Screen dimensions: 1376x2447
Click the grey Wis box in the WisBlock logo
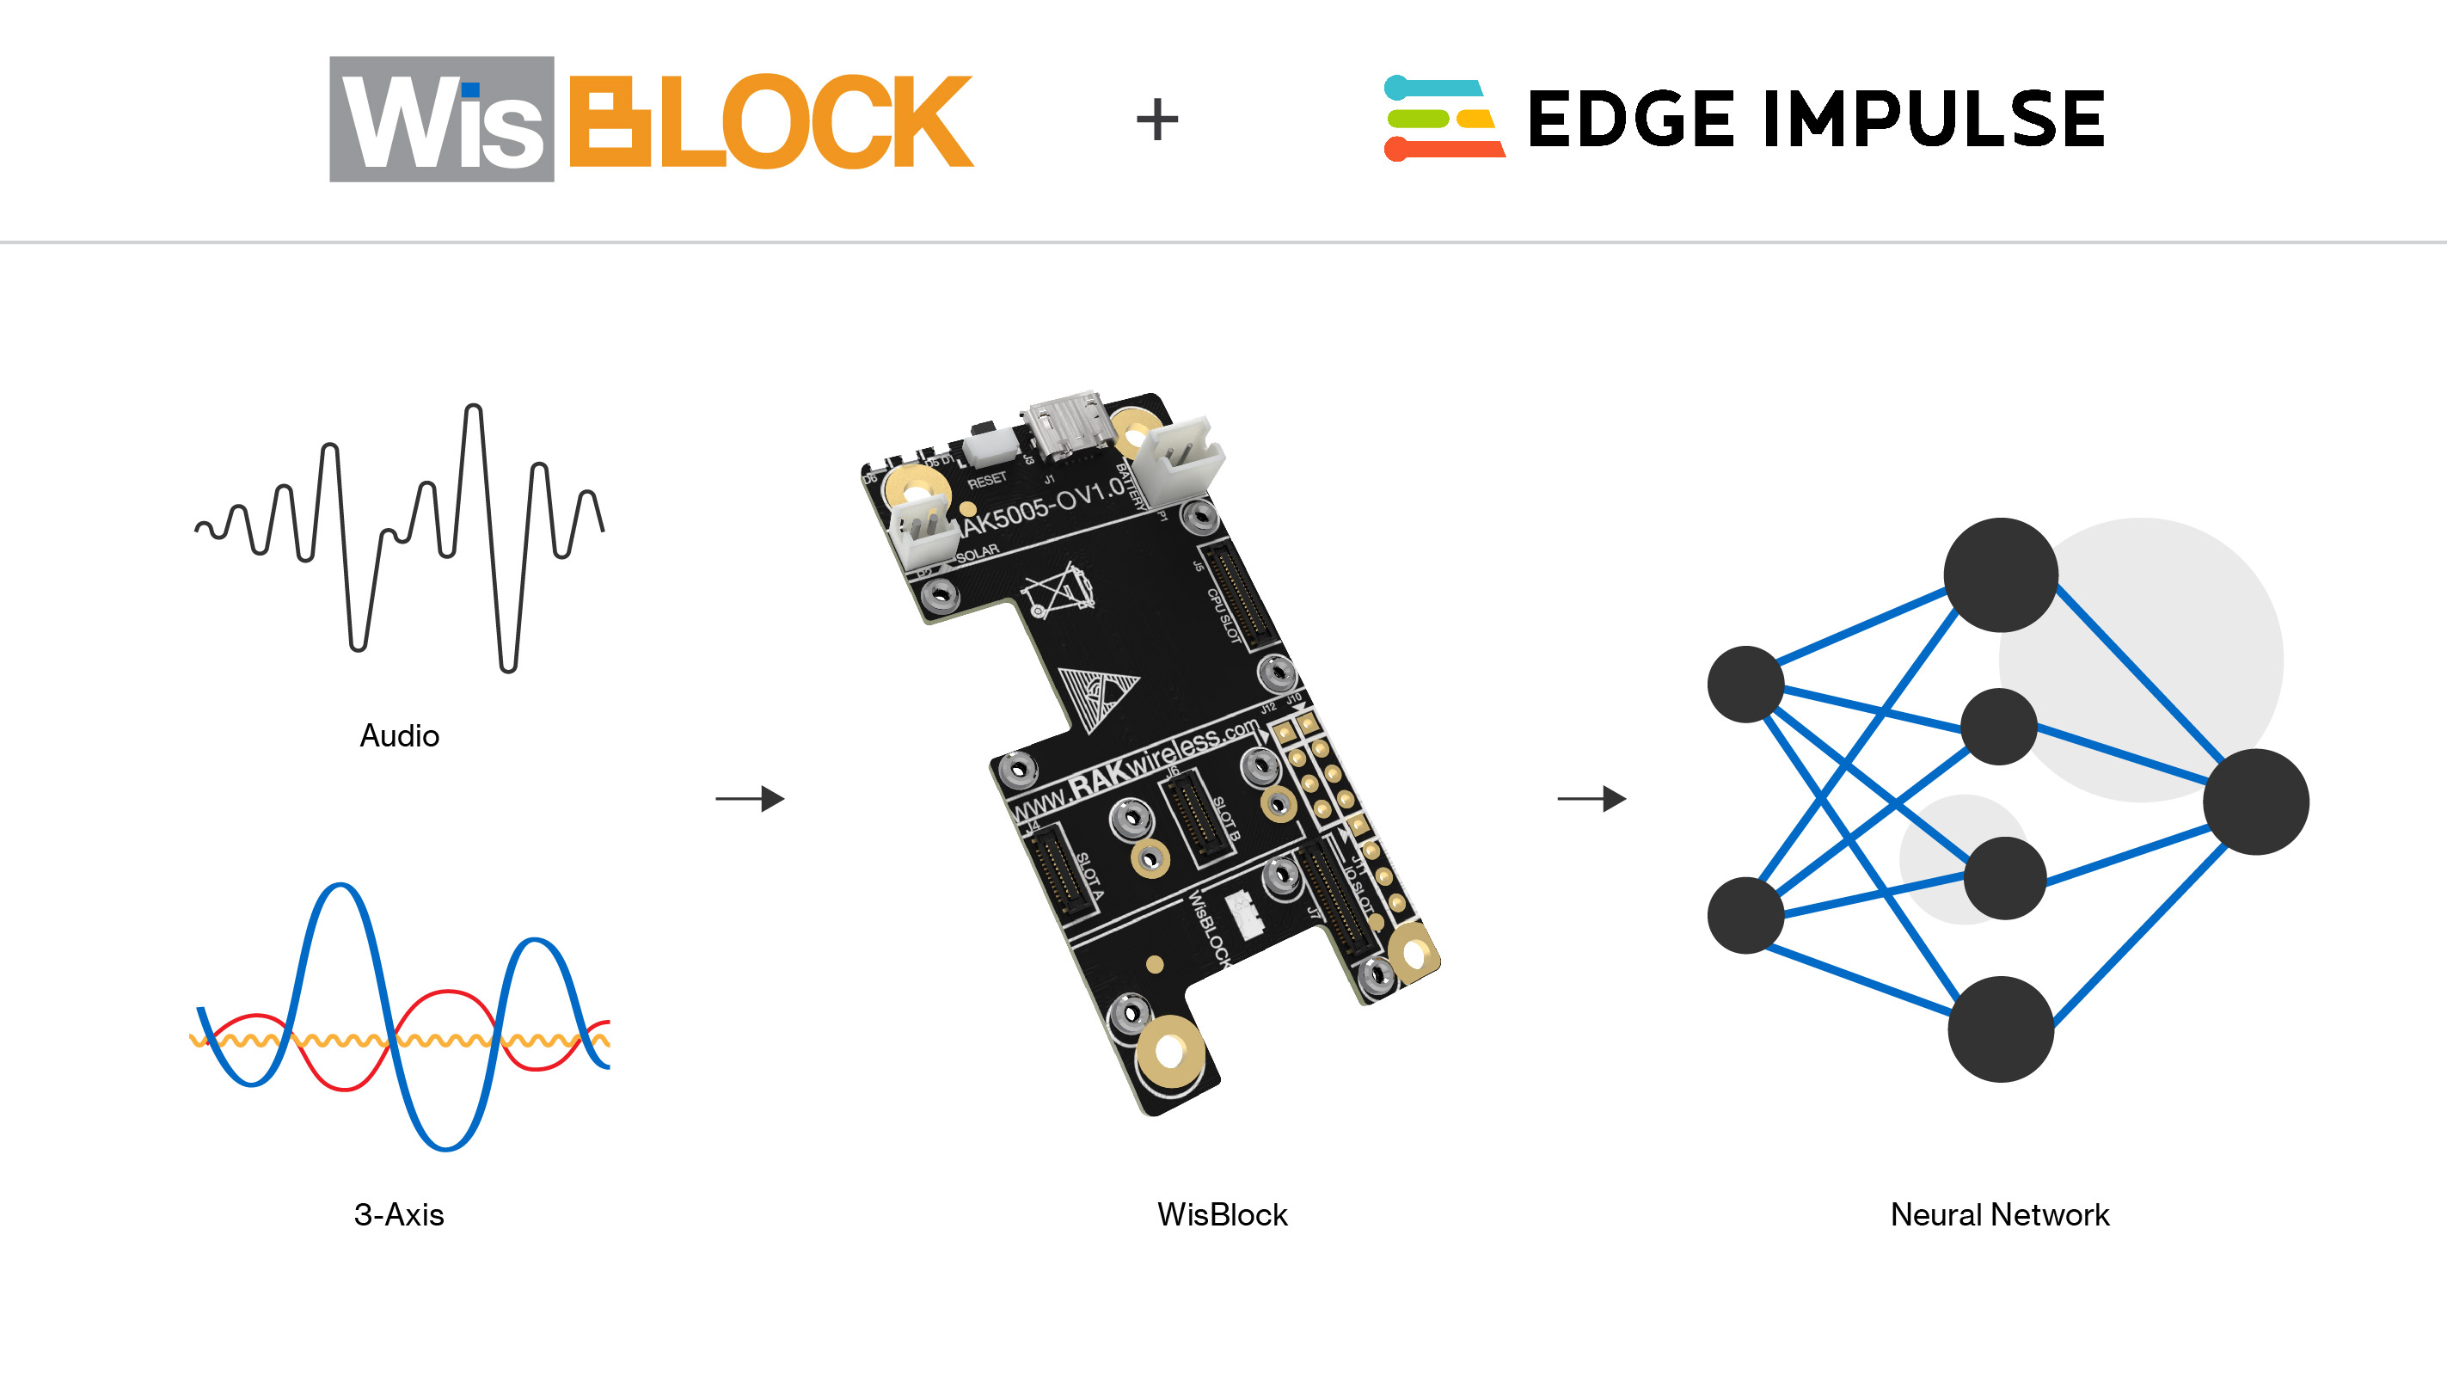tap(442, 119)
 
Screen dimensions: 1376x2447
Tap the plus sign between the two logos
tap(1156, 119)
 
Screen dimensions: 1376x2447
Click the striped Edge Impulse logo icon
tap(1443, 118)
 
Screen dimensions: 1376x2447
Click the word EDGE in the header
tap(1630, 119)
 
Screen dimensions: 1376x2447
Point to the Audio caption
tap(399, 735)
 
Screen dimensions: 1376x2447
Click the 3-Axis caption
tap(399, 1214)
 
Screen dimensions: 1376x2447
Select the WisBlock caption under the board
tap(1222, 1214)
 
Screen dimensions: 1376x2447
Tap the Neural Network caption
tap(2000, 1214)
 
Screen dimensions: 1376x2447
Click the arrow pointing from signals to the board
tap(750, 798)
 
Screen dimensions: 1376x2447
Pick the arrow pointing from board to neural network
tap(1591, 798)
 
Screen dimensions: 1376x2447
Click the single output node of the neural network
tap(2255, 801)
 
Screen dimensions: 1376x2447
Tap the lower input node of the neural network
tap(1745, 914)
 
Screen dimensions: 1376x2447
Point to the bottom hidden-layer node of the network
tap(2001, 1029)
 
